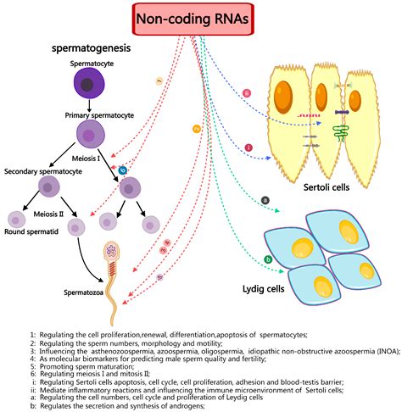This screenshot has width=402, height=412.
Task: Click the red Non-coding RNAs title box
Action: pyautogui.click(x=200, y=19)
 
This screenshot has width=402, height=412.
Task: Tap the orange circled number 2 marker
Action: pyautogui.click(x=196, y=128)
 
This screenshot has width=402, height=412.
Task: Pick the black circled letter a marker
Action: pyautogui.click(x=265, y=200)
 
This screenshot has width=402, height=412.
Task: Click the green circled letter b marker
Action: pyautogui.click(x=268, y=259)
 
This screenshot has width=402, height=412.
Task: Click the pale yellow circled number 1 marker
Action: pyautogui.click(x=158, y=81)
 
